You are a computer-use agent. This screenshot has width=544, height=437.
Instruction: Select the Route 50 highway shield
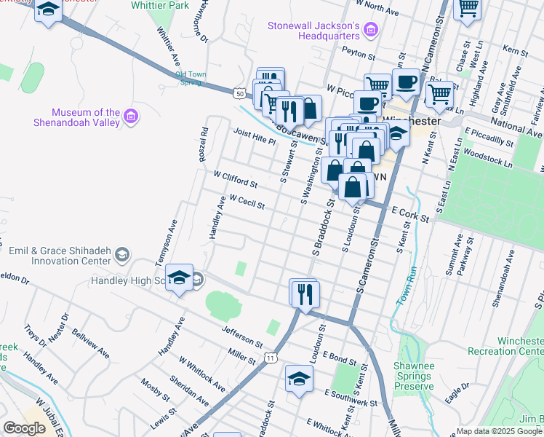coord(239,92)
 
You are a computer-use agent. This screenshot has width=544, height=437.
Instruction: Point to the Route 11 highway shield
coord(271,358)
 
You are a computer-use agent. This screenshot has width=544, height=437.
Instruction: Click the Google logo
coord(25,428)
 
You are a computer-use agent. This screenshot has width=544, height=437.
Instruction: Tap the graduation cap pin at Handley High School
coord(179,277)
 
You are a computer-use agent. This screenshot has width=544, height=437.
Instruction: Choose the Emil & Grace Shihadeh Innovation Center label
coord(60,256)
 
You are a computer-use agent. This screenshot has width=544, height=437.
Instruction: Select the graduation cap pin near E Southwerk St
coord(298,379)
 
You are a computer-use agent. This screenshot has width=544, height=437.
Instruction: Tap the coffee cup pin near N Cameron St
coord(405,82)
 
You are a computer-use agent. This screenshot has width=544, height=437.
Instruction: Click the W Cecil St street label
coord(247,202)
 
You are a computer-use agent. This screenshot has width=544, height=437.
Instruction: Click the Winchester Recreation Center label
coord(520,346)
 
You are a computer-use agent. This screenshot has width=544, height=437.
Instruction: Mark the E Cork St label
coord(410,214)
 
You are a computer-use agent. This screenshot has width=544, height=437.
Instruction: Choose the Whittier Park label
coord(160,6)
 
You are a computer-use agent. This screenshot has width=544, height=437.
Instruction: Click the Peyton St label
coord(360,55)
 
